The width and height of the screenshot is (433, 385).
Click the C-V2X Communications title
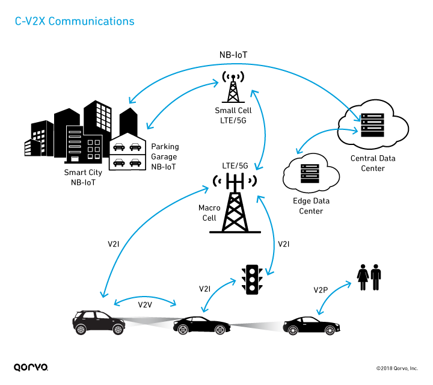(x=75, y=22)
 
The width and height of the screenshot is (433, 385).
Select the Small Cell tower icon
(x=233, y=88)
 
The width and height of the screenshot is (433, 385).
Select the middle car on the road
(x=204, y=325)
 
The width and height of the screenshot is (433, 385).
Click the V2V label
(x=145, y=304)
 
